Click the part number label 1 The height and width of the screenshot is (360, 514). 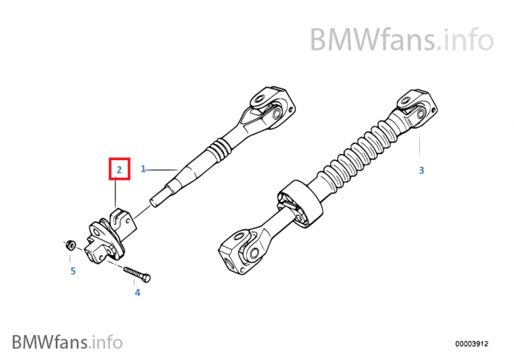144,169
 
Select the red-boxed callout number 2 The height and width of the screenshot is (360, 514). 118,170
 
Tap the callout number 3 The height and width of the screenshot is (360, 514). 421,170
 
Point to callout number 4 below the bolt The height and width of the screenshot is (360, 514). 137,292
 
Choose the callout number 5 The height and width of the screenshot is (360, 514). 73,270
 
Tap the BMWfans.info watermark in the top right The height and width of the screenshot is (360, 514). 401,38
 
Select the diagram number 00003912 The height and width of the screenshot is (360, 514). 471,342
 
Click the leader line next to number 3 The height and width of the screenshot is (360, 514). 421,148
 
